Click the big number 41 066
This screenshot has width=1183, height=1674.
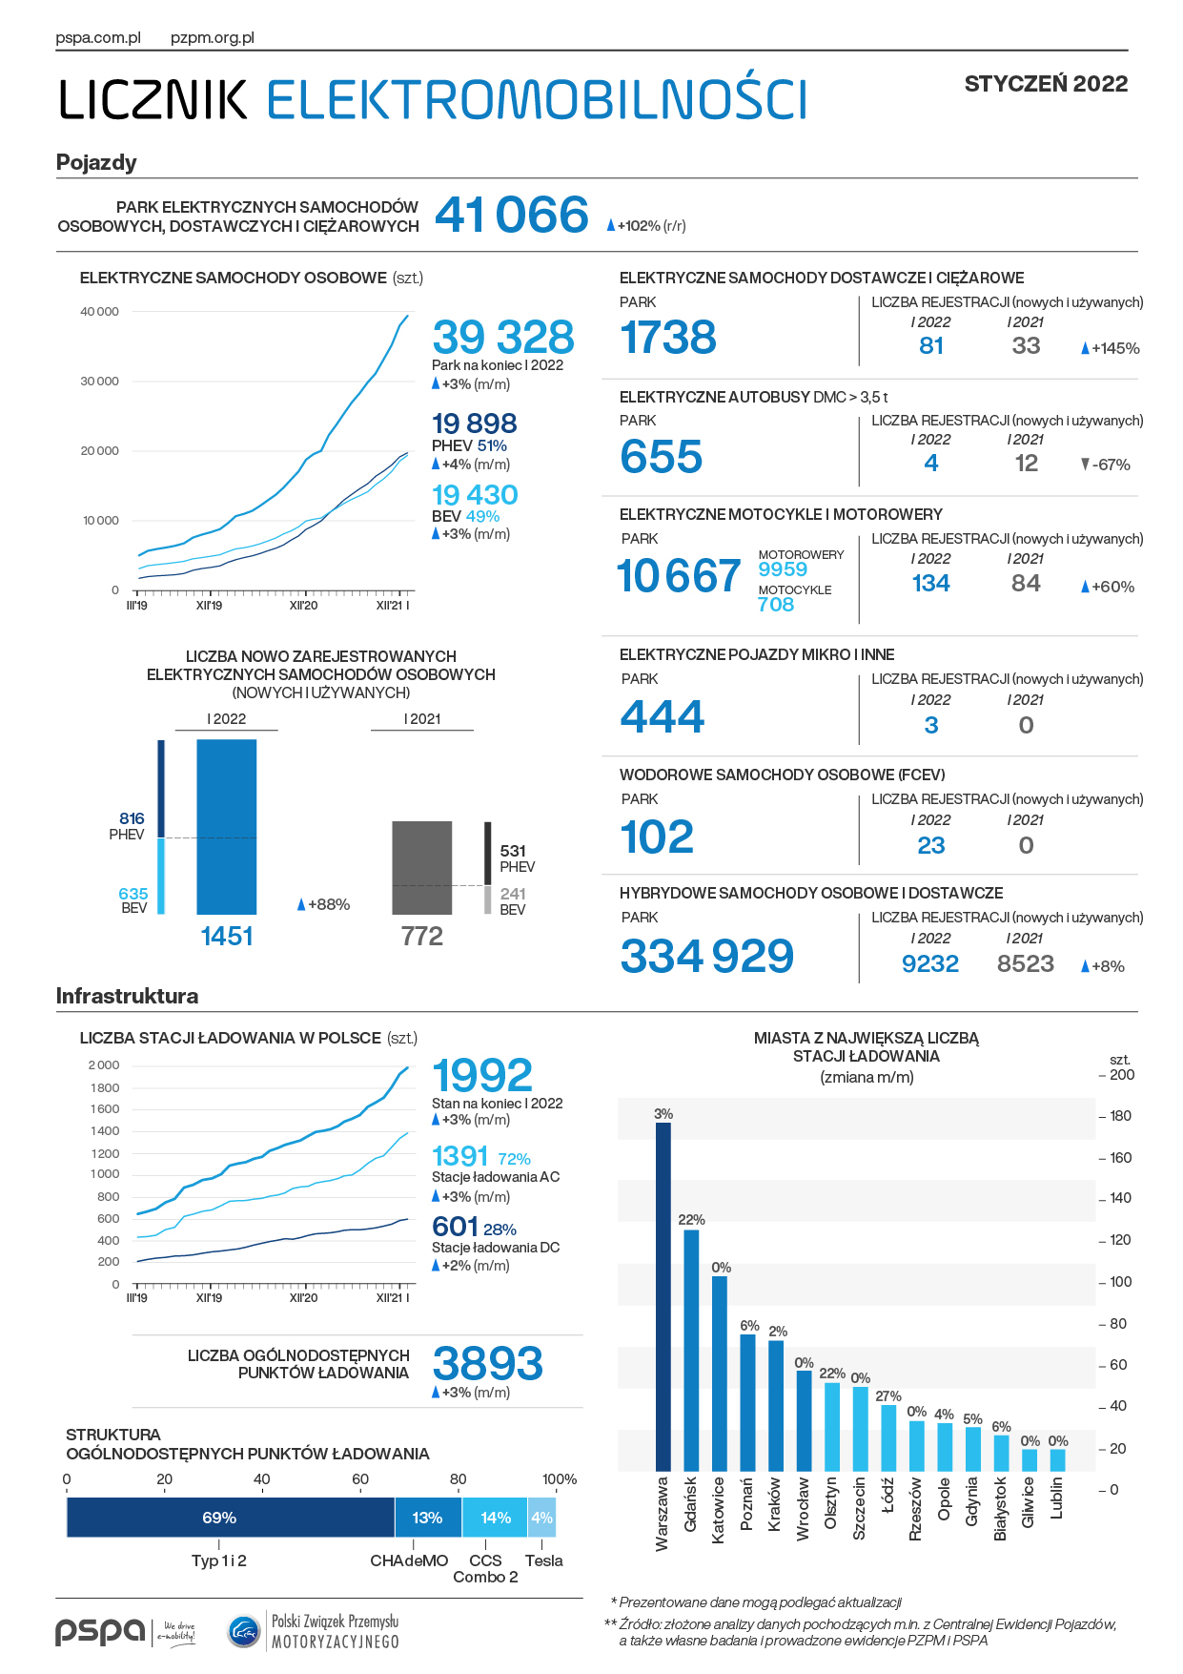click(512, 215)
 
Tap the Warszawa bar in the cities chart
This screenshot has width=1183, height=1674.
click(663, 1296)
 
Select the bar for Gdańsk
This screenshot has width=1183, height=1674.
click(691, 1351)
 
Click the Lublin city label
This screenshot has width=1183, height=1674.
click(1057, 1498)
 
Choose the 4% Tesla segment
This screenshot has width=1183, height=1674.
click(541, 1518)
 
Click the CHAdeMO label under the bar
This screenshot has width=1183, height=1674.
click(409, 1560)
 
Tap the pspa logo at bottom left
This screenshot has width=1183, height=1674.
click(100, 1632)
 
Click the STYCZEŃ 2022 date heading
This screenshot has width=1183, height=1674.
click(1046, 84)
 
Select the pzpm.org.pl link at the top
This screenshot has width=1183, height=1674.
click(213, 38)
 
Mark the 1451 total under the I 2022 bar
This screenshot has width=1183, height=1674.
click(227, 936)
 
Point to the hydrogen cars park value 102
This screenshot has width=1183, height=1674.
click(657, 837)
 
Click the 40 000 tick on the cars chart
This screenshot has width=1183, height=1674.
click(100, 312)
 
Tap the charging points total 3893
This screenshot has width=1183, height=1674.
click(488, 1363)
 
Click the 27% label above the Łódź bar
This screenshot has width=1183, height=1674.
click(888, 1395)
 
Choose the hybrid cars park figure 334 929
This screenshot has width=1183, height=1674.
click(706, 956)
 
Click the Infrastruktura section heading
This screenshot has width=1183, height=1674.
click(128, 996)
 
